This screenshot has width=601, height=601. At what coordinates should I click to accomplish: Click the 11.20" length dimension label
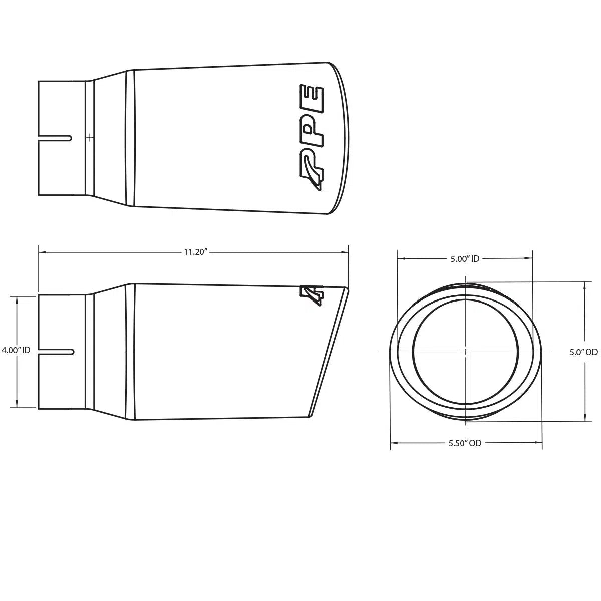click(195, 252)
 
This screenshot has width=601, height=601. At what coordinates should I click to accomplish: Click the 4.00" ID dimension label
click(17, 351)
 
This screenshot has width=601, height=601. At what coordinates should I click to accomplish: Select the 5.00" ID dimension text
click(465, 259)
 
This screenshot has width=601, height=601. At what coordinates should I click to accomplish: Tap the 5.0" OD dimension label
click(584, 352)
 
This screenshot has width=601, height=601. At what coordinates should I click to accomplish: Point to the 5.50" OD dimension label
click(465, 443)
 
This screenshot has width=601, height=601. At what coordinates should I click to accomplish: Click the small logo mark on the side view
click(312, 295)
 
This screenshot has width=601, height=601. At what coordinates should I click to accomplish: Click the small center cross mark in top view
click(90, 137)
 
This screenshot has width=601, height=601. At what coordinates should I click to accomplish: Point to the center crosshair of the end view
click(465, 352)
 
